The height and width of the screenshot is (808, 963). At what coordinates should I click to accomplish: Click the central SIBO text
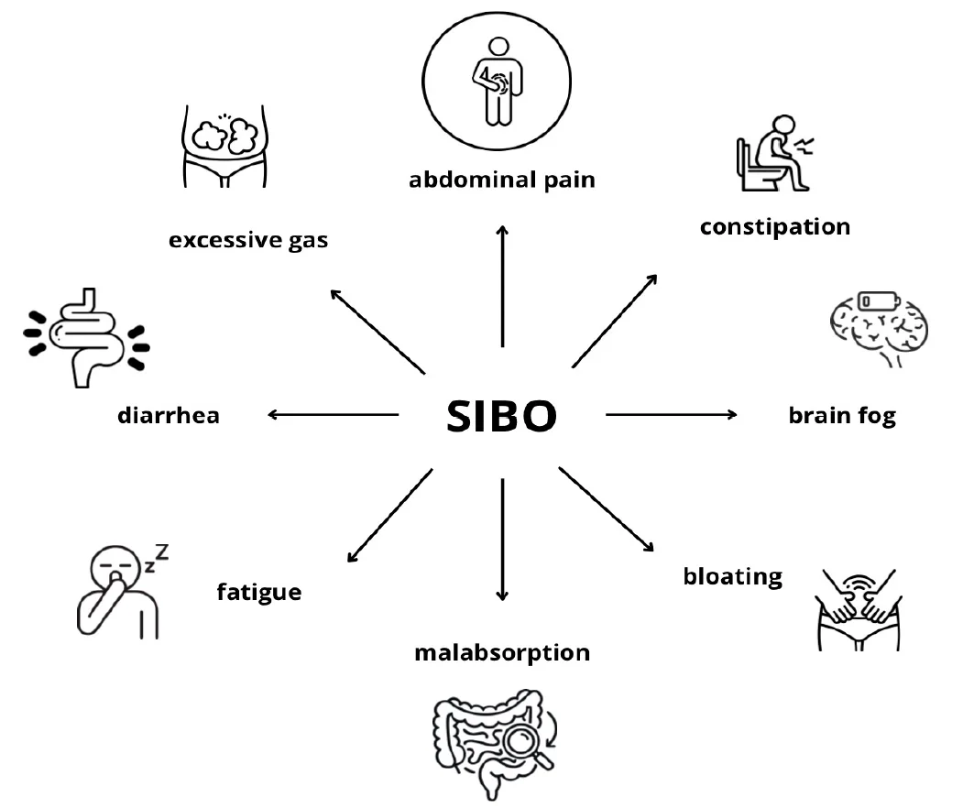tap(501, 416)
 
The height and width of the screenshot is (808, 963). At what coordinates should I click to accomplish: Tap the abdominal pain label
tap(502, 180)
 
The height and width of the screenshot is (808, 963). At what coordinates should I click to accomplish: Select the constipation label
tap(775, 227)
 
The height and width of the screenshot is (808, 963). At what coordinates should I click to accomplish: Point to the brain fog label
tap(842, 416)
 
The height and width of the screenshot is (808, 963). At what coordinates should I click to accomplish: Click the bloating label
tap(733, 576)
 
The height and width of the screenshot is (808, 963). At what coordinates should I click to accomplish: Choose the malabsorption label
tap(502, 652)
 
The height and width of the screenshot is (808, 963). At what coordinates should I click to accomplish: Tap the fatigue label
tap(259, 593)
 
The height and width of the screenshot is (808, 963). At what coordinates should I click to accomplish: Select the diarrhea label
tap(169, 416)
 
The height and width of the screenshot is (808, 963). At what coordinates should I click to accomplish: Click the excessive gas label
tap(248, 240)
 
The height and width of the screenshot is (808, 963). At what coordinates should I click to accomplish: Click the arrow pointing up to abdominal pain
tap(502, 287)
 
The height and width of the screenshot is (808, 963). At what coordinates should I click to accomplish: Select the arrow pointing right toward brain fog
tap(672, 414)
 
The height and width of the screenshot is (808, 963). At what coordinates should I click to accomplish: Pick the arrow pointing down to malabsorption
tap(502, 539)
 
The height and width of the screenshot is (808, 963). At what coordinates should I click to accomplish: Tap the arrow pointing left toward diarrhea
tap(334, 415)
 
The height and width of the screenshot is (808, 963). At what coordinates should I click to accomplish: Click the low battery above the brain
tap(880, 300)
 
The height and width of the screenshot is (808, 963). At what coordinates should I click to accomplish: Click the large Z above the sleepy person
tap(161, 552)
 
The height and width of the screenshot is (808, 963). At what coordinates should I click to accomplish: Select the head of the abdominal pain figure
tap(498, 48)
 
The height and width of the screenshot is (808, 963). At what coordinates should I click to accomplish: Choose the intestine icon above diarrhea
tap(87, 338)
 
